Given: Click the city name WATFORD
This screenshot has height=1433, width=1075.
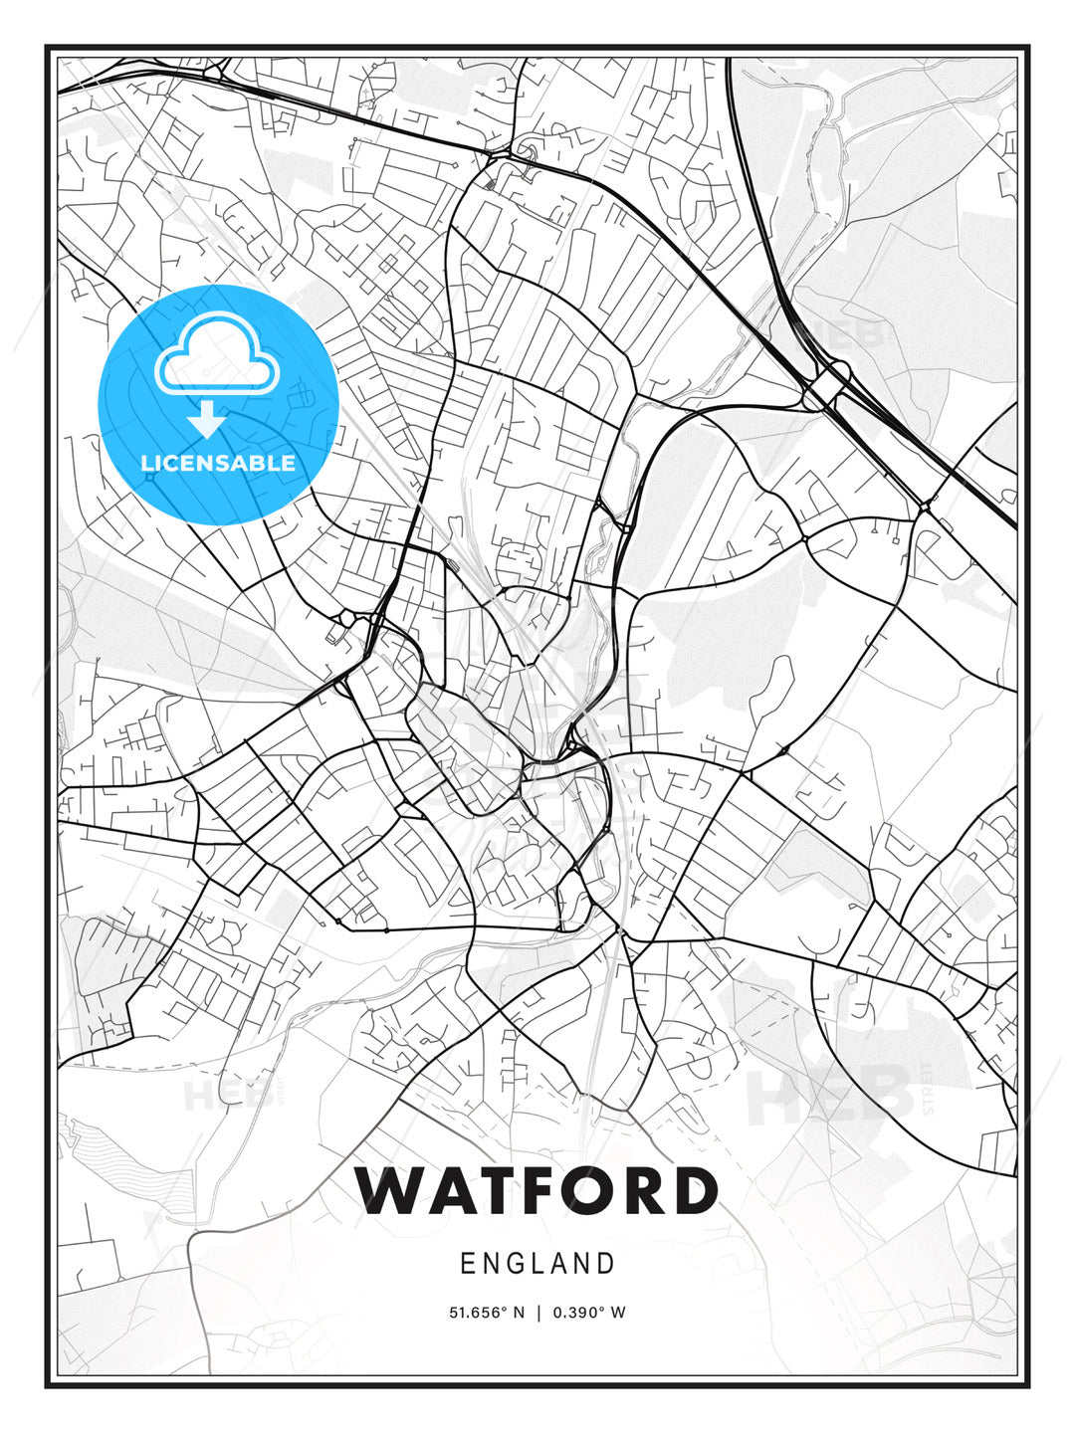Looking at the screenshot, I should [x=537, y=1190].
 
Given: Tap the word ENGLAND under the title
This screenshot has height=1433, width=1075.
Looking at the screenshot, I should [x=537, y=1264].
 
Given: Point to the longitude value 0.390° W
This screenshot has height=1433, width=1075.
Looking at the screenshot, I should [x=589, y=1313].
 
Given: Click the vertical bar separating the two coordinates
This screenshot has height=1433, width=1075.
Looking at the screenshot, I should [x=538, y=1313].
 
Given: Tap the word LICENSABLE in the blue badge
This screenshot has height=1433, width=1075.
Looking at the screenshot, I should [x=218, y=463].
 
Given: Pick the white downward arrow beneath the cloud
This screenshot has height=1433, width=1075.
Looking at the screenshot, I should [x=207, y=420].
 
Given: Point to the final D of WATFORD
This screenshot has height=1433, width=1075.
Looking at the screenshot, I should [x=694, y=1190].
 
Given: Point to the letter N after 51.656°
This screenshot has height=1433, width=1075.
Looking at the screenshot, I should [x=518, y=1313].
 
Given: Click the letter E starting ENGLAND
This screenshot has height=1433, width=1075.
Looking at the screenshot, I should [x=466, y=1264].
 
